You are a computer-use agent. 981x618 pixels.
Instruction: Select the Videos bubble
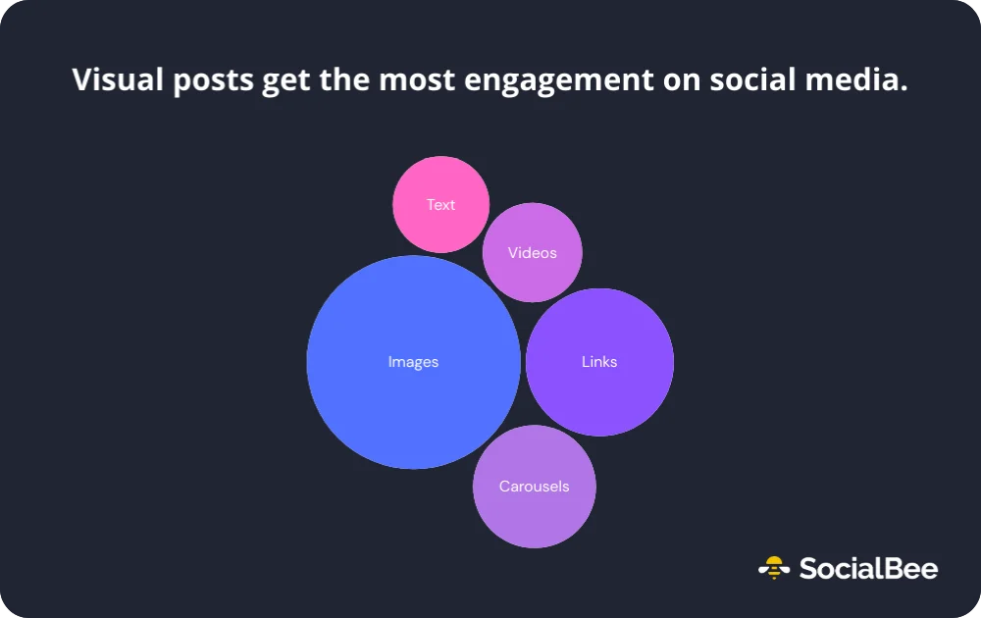coord(533,275)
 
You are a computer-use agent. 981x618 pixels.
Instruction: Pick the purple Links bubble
coord(599,392)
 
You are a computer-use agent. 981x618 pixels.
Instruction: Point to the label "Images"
coord(413,362)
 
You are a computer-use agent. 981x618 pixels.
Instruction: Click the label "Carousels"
coord(534,487)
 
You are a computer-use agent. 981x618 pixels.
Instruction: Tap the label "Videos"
coord(532,253)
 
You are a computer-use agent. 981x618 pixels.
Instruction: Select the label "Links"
coord(599,362)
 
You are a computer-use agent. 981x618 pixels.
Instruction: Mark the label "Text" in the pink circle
coord(440,205)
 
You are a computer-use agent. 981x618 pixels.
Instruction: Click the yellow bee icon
coord(774,567)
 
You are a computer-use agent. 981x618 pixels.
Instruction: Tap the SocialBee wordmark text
coord(868,568)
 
